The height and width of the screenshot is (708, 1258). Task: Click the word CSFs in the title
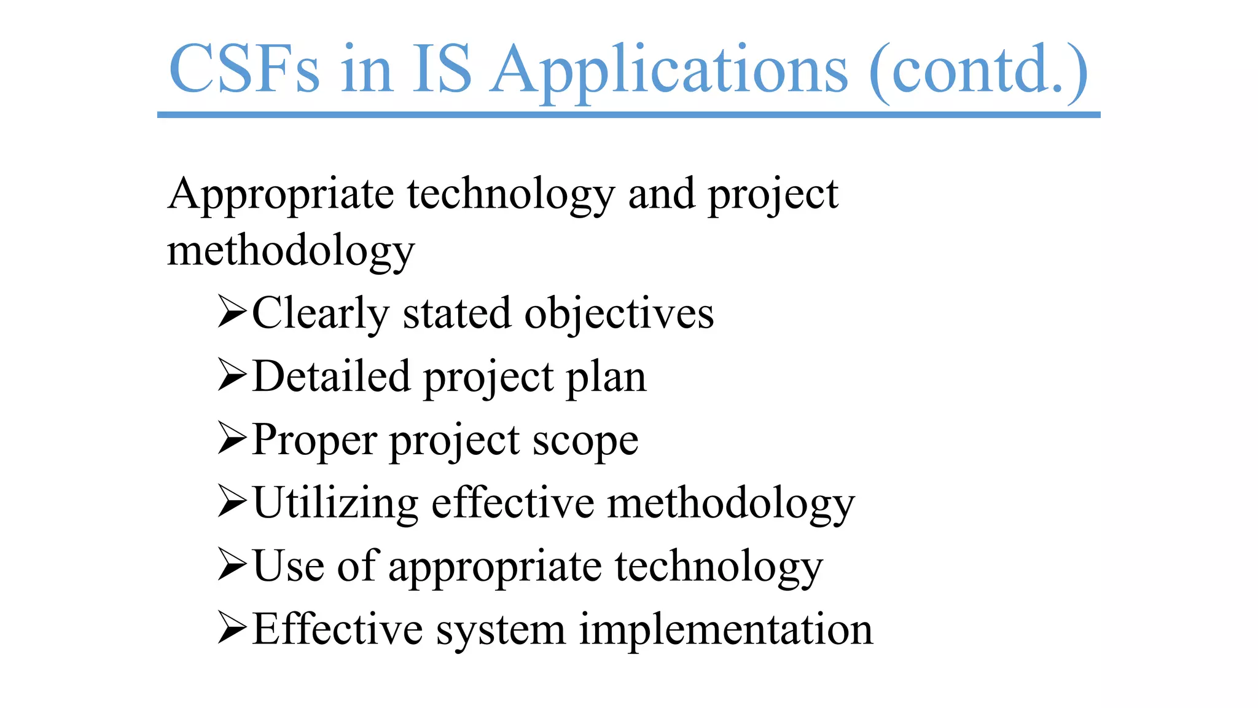(244, 69)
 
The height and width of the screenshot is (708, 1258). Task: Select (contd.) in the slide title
(979, 71)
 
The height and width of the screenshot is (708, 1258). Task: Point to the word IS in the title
(442, 69)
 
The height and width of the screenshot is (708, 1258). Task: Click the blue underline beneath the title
(628, 115)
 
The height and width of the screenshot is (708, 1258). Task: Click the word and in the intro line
(662, 194)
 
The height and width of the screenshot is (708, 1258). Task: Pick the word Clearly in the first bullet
(321, 314)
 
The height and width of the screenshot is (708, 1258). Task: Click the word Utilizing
(335, 503)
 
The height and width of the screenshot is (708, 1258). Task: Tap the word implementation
(725, 629)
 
